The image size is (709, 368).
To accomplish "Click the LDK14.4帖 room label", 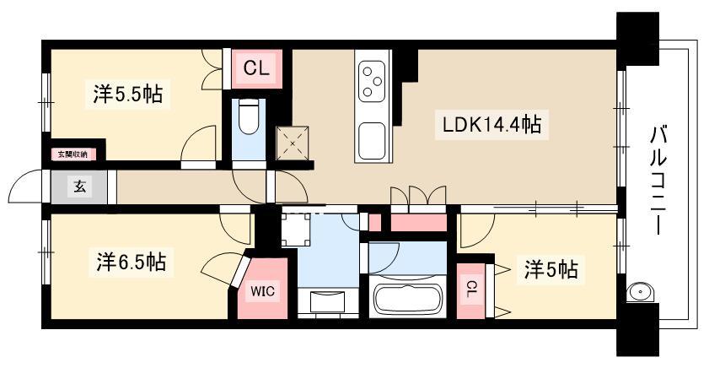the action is coord(491,124).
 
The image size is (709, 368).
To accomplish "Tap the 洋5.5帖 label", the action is coord(128,94).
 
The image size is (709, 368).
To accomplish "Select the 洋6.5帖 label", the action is coord(132,262).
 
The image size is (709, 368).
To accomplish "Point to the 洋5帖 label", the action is coord(551,270).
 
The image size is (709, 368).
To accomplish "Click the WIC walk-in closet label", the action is coord(263,291).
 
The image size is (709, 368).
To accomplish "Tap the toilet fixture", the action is coord(248,117).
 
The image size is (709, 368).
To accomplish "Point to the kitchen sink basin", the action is coord(372,139).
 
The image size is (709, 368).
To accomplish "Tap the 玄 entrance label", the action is coord(79,187).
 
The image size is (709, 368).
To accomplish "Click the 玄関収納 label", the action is coord(73,154).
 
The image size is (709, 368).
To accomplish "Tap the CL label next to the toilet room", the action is coord(256,68).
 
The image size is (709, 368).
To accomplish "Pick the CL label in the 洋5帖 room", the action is coord(471,290).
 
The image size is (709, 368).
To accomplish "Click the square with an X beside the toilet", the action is coord(293,143).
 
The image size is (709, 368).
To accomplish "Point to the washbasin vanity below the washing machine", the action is coord(327,301).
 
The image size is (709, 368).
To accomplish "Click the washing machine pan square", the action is coord(295,230).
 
